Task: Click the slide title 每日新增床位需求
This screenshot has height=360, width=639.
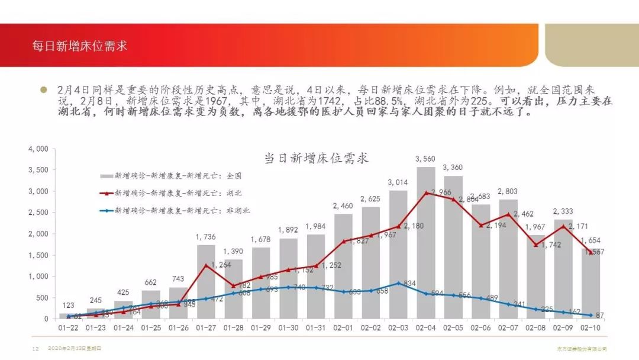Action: pyautogui.click(x=80, y=46)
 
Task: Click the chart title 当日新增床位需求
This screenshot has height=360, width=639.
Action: pyautogui.click(x=316, y=158)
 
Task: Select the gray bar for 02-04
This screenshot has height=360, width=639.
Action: pyautogui.click(x=426, y=243)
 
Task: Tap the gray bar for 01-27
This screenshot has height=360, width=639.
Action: pyautogui.click(x=206, y=282)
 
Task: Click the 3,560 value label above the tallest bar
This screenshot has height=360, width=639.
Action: pyautogui.click(x=426, y=158)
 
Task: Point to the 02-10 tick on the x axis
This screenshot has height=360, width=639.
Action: pyautogui.click(x=590, y=327)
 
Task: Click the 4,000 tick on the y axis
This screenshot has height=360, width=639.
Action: pyautogui.click(x=38, y=149)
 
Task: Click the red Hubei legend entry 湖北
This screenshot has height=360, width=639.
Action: pyautogui.click(x=178, y=193)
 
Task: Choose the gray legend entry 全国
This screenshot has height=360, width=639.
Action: pyautogui.click(x=178, y=176)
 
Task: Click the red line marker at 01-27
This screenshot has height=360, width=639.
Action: pyautogui.click(x=206, y=265)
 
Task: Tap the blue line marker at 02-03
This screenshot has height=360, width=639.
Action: pyautogui.click(x=399, y=283)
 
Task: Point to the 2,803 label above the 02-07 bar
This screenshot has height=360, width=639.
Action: pyautogui.click(x=508, y=192)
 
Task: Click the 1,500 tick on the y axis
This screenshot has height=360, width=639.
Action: pyautogui.click(x=38, y=255)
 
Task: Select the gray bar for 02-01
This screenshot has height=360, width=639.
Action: pyautogui.click(x=343, y=266)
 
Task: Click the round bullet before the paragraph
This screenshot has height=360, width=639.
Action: pyautogui.click(x=43, y=90)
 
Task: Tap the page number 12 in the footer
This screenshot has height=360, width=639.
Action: pyautogui.click(x=35, y=349)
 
